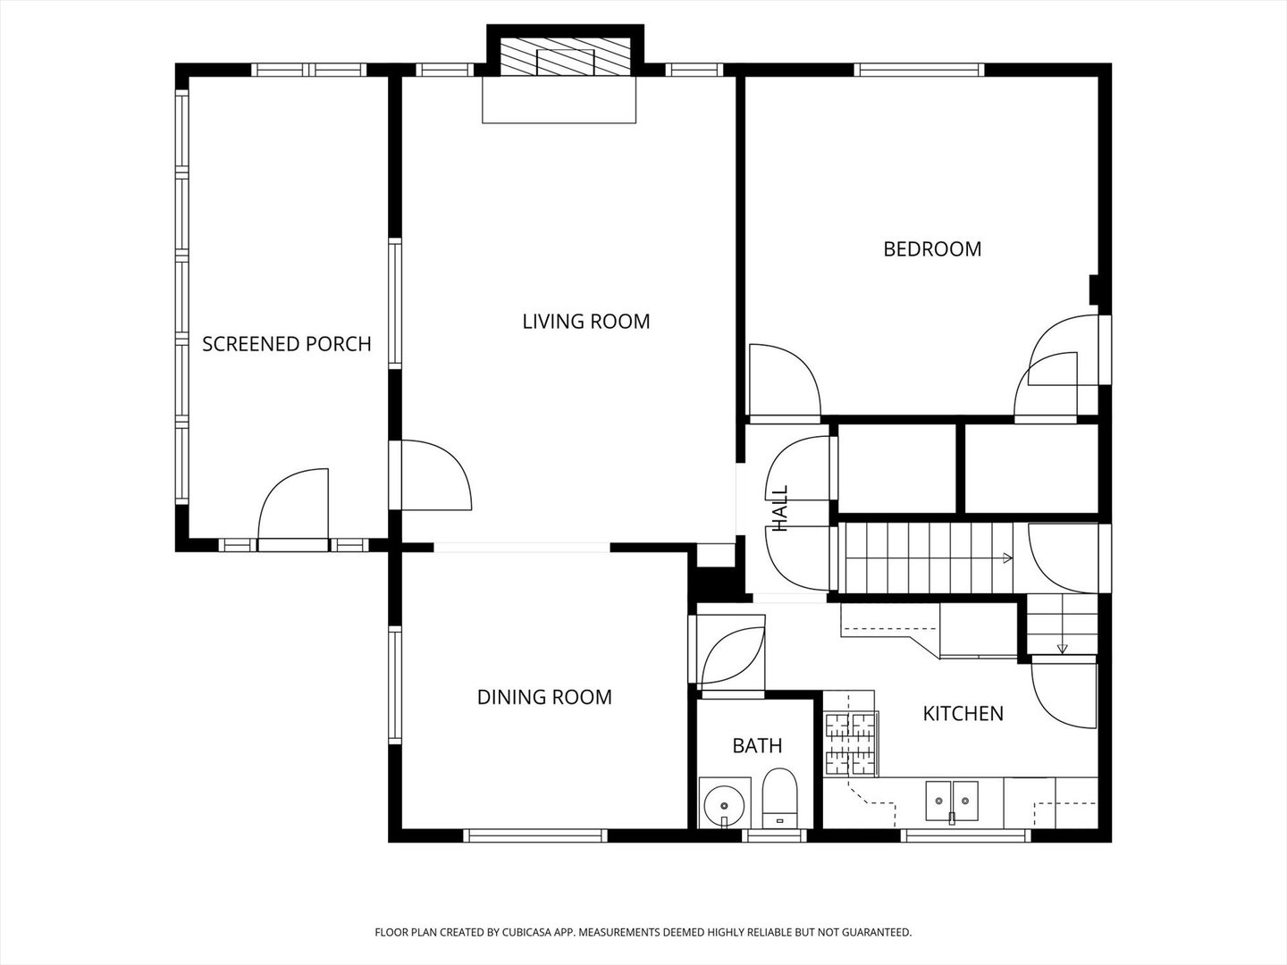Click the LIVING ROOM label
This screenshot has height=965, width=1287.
[585, 321]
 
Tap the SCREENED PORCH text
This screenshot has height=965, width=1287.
[287, 344]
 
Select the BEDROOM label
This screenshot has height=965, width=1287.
[932, 249]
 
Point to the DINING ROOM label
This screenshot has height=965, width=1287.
[544, 697]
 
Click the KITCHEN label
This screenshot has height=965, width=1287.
[963, 713]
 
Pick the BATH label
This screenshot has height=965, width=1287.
[757, 745]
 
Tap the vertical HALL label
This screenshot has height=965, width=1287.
[780, 508]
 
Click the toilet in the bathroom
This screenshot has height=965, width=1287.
[779, 797]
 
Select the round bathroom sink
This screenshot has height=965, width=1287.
[725, 802]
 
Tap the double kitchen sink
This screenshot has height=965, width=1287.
[952, 801]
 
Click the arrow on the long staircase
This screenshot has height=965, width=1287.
[1007, 558]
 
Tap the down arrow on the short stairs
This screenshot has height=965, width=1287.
[1062, 648]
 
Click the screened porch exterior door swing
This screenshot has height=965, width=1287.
[293, 508]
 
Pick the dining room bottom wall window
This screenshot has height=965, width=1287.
[535, 835]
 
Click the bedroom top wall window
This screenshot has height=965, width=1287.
[919, 70]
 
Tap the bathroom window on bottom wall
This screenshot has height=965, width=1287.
[774, 835]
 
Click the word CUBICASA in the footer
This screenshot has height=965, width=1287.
[524, 932]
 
